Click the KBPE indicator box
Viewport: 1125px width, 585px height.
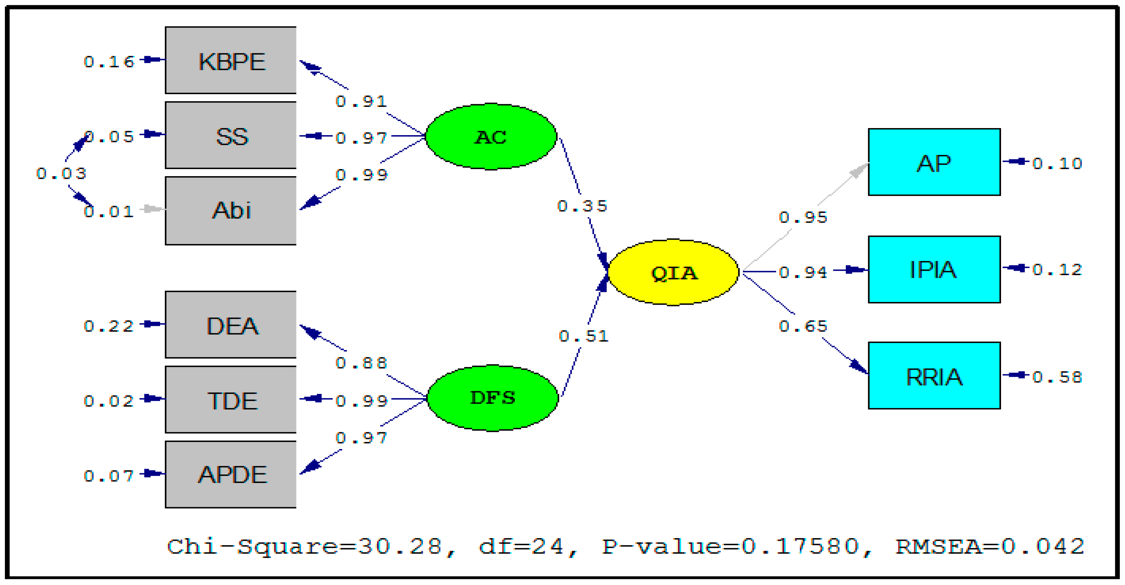[x=230, y=60]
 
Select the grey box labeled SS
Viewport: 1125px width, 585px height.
[x=230, y=136]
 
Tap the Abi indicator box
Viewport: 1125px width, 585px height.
[x=230, y=211]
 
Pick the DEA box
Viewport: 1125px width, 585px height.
[x=230, y=325]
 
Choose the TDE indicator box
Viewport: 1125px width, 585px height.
[x=230, y=400]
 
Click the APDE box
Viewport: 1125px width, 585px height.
[x=230, y=474]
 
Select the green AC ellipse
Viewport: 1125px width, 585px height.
[x=491, y=137]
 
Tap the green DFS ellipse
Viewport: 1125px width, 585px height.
[x=493, y=398]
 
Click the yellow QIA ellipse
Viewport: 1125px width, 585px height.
[x=673, y=272]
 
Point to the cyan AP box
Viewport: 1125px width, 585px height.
[x=934, y=162]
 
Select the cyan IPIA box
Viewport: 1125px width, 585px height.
[x=934, y=270]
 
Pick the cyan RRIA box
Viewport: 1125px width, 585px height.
[x=934, y=376]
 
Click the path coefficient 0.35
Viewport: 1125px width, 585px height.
[x=582, y=206]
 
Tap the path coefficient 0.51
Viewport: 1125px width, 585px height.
[x=583, y=336]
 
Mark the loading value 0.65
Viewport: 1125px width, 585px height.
[x=803, y=326]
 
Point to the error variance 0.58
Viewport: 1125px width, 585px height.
[x=1057, y=376]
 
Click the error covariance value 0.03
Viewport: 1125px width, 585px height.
[x=61, y=174]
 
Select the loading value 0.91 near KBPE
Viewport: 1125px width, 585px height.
[x=361, y=101]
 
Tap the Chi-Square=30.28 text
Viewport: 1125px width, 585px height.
[x=305, y=547]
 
